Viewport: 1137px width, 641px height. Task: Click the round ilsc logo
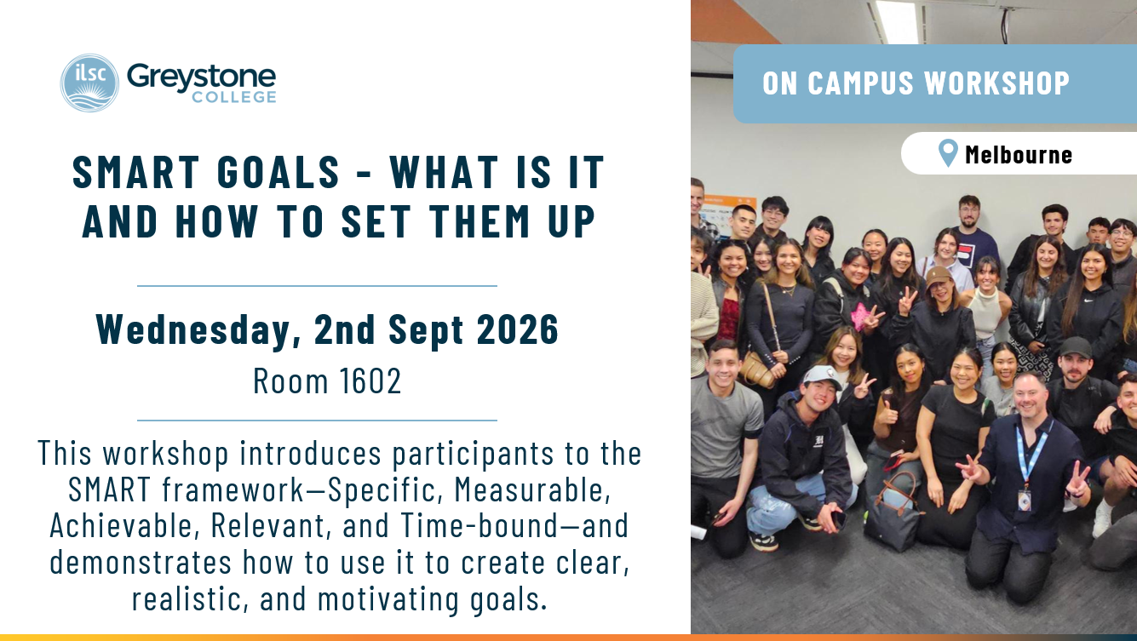(89, 83)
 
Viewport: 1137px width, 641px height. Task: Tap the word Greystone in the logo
(202, 78)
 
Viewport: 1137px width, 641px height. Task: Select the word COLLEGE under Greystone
(234, 97)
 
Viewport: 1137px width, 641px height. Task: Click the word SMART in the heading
(136, 172)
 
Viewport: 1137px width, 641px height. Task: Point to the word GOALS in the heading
(279, 172)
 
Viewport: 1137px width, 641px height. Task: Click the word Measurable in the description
(532, 489)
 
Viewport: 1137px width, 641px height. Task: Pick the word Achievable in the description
(121, 525)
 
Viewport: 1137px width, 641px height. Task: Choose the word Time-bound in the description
(479, 525)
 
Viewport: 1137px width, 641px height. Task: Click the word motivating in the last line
(388, 599)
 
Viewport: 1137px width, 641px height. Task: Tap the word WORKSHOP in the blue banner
(997, 83)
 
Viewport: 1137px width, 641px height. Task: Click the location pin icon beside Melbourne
(948, 152)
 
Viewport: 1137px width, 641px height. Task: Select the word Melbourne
(1019, 155)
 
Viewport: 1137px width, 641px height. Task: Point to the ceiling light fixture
(897, 21)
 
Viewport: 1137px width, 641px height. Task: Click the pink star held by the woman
(860, 316)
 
